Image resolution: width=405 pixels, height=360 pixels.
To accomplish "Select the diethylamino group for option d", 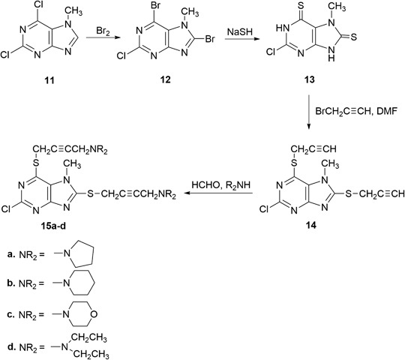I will (x=90, y=343).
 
